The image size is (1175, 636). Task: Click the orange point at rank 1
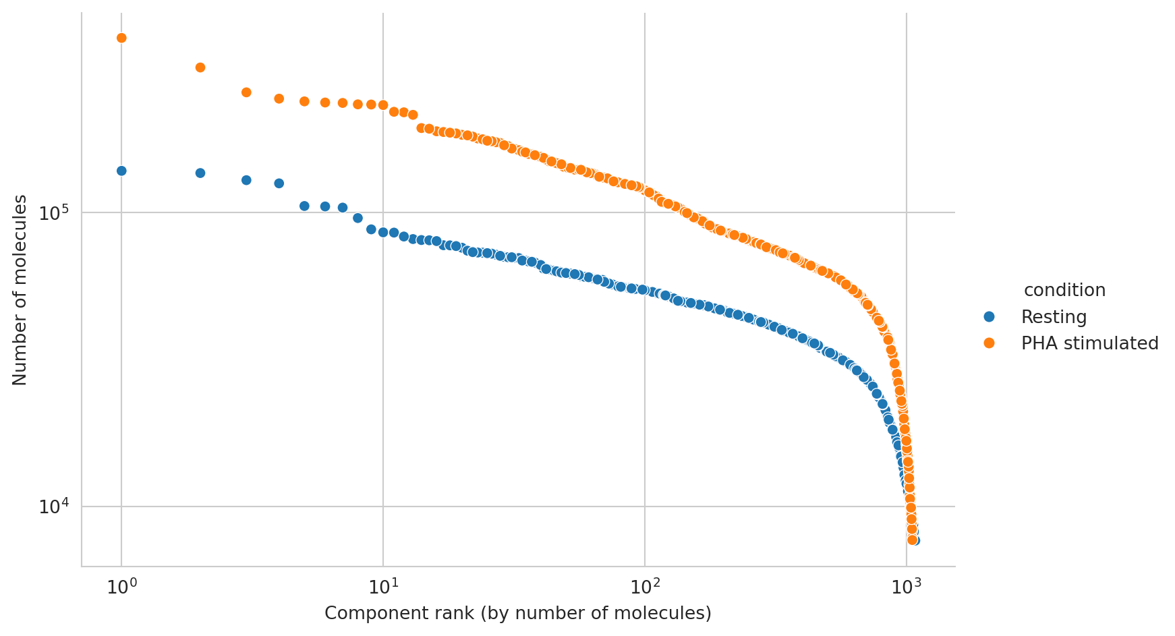pos(121,38)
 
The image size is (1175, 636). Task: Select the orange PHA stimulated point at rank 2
pos(200,67)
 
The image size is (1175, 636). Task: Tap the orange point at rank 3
pos(246,92)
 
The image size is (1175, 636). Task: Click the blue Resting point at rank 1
pos(121,171)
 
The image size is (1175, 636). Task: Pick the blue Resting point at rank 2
pos(200,173)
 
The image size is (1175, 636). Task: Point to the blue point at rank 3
pos(246,180)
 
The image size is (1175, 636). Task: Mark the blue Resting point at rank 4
pos(279,183)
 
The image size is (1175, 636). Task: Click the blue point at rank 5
pos(304,206)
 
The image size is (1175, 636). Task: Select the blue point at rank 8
pos(358,218)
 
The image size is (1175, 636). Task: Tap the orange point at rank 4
pos(279,99)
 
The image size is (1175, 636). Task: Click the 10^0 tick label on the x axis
pos(121,587)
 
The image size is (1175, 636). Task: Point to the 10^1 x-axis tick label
pos(383,587)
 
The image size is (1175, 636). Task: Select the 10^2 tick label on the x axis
pos(645,587)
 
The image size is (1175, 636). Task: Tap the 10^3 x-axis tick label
pos(906,587)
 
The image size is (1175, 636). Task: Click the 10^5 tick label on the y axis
pos(55,214)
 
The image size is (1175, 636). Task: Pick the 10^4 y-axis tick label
pos(55,507)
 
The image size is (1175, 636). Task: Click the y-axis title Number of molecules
pos(20,290)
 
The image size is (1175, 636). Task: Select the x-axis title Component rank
pos(518,614)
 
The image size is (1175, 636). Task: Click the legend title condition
pos(1064,291)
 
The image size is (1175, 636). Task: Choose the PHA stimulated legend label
pos(1089,343)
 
